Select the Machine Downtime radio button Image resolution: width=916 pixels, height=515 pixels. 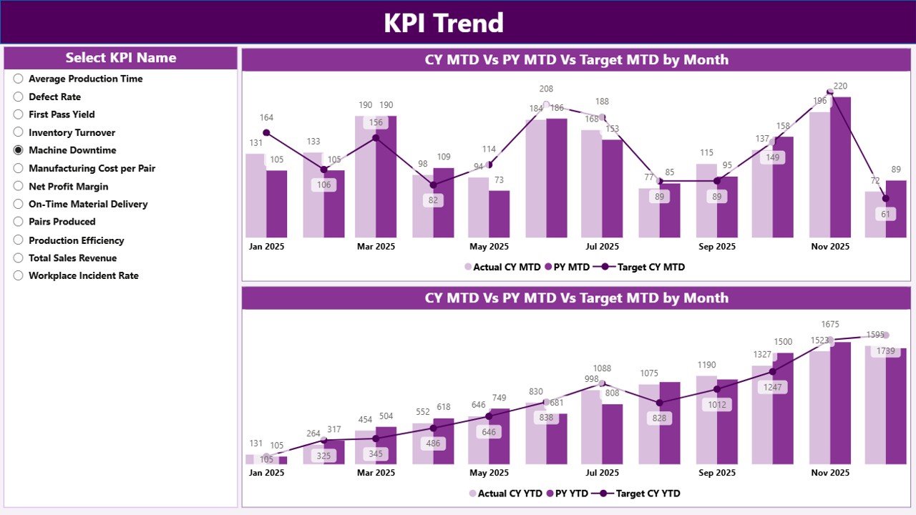[x=19, y=150]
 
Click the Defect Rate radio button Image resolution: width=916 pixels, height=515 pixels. [x=19, y=97]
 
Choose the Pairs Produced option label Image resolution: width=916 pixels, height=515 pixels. [x=62, y=222]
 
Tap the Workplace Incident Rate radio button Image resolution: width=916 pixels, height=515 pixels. [x=19, y=275]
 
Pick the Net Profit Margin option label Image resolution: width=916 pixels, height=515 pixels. [x=68, y=187]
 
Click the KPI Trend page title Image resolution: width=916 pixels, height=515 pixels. [x=444, y=23]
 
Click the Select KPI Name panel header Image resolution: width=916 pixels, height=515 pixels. [x=120, y=58]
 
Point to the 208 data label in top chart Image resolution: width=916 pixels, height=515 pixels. [x=546, y=89]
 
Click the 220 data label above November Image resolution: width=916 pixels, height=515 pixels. [x=840, y=87]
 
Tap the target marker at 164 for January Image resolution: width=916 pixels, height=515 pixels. [x=266, y=132]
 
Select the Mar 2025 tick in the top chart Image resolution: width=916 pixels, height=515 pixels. [x=376, y=247]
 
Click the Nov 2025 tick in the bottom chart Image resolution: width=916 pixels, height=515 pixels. [x=830, y=473]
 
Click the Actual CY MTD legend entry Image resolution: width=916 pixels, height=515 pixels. [x=502, y=268]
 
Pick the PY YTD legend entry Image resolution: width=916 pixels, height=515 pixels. [x=567, y=494]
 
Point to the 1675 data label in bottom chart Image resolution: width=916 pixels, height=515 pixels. [x=830, y=325]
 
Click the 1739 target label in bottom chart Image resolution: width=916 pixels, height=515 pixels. [x=885, y=351]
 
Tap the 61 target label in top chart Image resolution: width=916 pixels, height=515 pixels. [x=885, y=214]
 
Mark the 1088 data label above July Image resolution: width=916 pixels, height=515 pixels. [x=602, y=369]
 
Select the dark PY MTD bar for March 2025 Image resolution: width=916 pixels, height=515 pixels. [x=386, y=177]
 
